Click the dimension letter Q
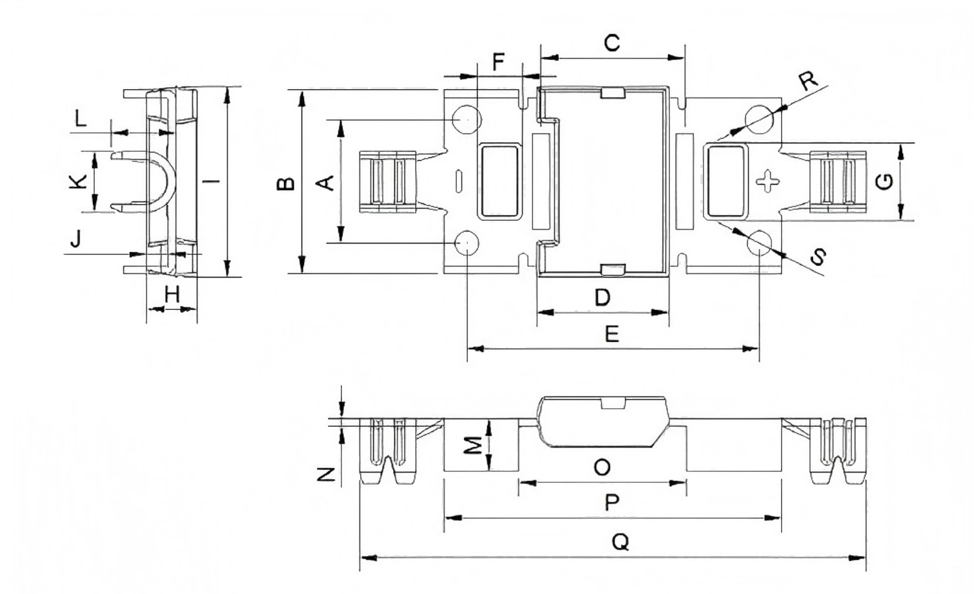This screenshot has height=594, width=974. (x=620, y=542)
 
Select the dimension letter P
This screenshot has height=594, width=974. (x=612, y=502)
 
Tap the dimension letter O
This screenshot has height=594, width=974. (x=602, y=467)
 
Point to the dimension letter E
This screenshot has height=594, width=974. (x=612, y=334)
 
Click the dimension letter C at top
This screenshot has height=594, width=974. (x=611, y=43)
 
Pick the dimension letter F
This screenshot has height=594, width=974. (x=498, y=63)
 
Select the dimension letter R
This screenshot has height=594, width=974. (x=807, y=80)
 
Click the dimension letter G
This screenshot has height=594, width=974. (x=885, y=181)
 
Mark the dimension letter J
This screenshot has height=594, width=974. (x=76, y=240)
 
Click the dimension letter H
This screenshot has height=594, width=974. (x=172, y=294)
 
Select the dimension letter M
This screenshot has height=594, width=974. (x=474, y=445)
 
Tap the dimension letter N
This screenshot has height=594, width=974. (x=327, y=475)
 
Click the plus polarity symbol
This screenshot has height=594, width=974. (x=767, y=181)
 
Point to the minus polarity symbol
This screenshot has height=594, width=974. (x=458, y=181)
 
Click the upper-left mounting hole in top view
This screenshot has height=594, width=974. (x=466, y=119)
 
